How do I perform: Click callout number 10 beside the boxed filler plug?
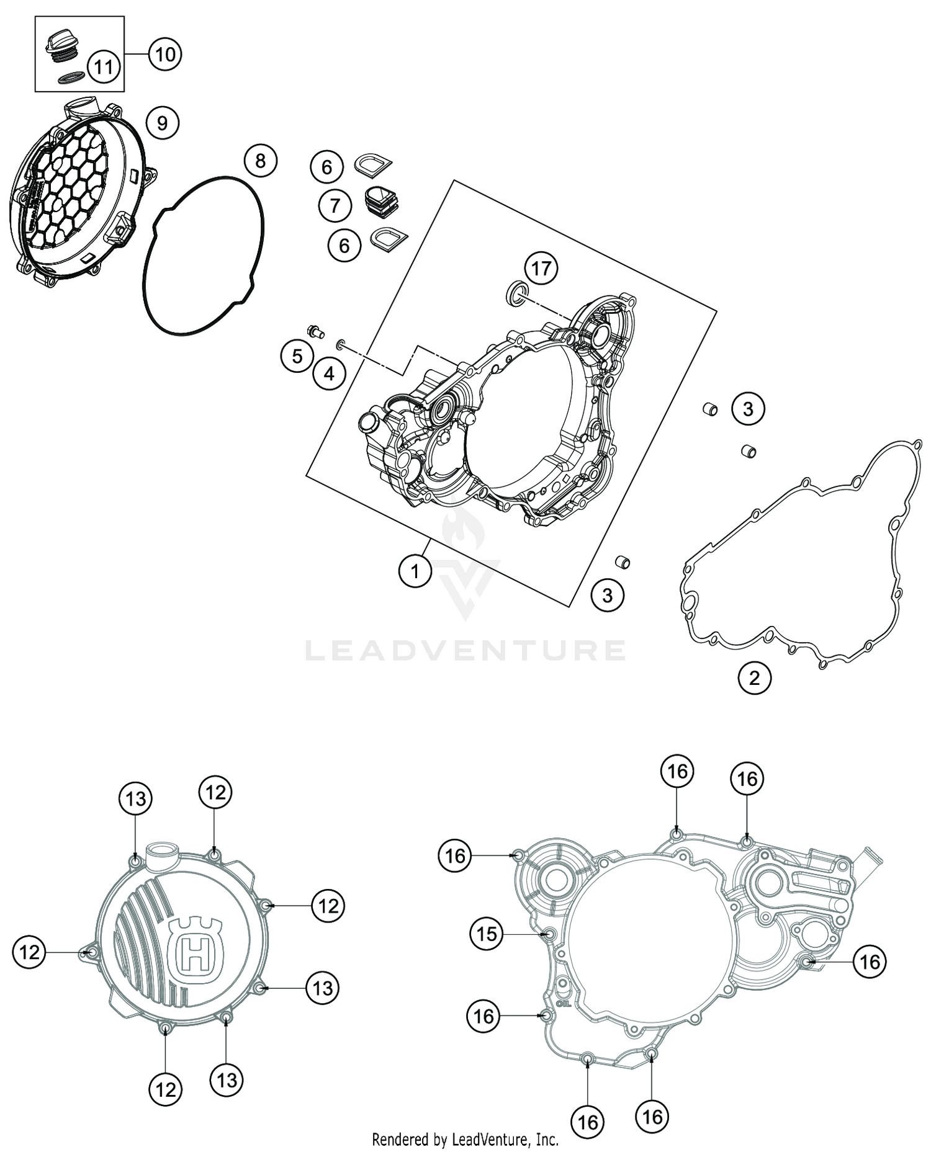(164, 55)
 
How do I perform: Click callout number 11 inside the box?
(103, 66)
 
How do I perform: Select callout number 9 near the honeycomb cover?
(162, 123)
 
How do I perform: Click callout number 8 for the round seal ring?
(260, 161)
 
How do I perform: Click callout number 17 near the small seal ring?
(541, 269)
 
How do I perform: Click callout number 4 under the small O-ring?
(329, 373)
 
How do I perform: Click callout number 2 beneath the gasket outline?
(754, 677)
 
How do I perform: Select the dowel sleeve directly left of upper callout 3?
(709, 409)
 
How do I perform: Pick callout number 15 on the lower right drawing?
(487, 933)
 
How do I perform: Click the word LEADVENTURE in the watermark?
(465, 651)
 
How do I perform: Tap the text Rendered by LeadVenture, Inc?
(465, 1139)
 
